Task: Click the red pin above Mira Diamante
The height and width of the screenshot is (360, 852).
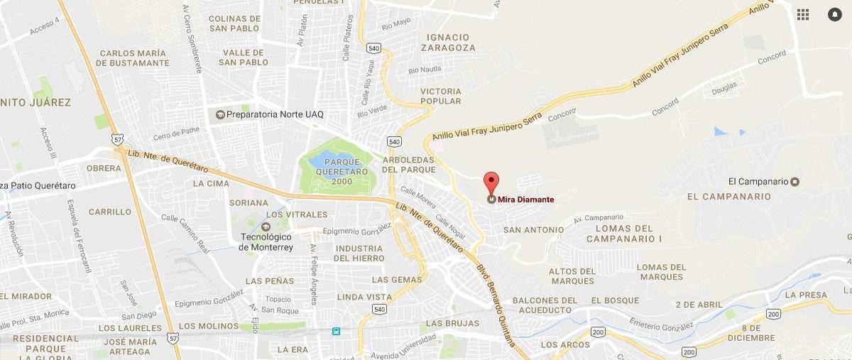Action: [x=491, y=181]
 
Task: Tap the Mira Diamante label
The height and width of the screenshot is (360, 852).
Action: [x=525, y=200]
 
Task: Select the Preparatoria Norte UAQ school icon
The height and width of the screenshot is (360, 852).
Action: [x=220, y=114]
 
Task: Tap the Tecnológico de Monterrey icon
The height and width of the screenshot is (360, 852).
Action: [x=266, y=227]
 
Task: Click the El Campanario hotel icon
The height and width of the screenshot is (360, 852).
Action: [x=795, y=182]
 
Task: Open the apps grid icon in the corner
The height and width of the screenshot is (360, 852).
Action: [x=803, y=14]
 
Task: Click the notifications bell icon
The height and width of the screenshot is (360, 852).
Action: [x=834, y=14]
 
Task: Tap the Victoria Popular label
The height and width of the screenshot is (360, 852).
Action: [x=441, y=97]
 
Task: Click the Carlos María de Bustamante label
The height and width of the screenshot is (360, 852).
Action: [x=134, y=58]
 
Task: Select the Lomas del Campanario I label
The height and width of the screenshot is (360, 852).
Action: [x=624, y=234]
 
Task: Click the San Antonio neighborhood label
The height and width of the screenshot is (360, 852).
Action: [x=533, y=230]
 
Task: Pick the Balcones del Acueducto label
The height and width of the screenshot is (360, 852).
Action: [x=542, y=305]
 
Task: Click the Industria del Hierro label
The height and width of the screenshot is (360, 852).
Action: [x=359, y=253]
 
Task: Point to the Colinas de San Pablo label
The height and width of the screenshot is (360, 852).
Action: [x=235, y=23]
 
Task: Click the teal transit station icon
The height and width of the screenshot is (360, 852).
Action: [x=336, y=331]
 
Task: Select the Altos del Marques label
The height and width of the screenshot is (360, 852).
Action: [x=572, y=276]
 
